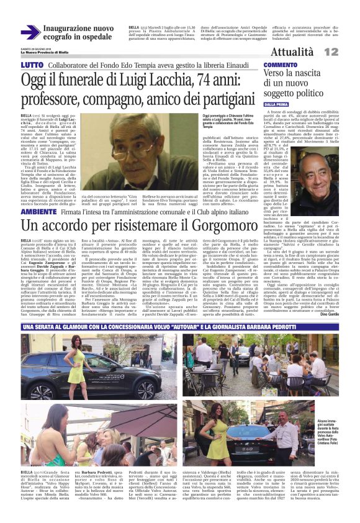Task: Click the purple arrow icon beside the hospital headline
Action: coord(30,33)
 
